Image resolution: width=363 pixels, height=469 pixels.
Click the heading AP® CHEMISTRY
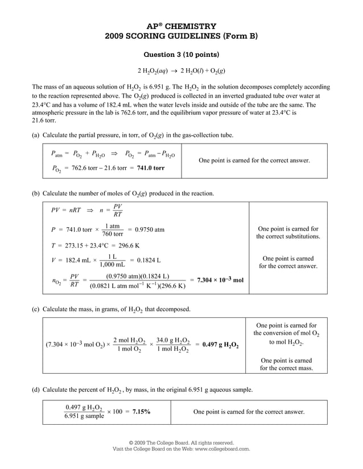point(181,26)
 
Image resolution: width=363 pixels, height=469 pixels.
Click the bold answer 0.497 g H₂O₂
point(220,345)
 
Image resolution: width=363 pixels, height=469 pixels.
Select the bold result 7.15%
point(141,412)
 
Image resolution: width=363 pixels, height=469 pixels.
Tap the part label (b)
point(36,194)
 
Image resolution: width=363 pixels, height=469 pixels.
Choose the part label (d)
point(36,390)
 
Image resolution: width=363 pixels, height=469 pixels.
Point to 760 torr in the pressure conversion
point(112,234)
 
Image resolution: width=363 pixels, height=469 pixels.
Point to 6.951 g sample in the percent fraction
point(84,416)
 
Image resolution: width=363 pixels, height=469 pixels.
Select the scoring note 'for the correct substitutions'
point(288,236)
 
